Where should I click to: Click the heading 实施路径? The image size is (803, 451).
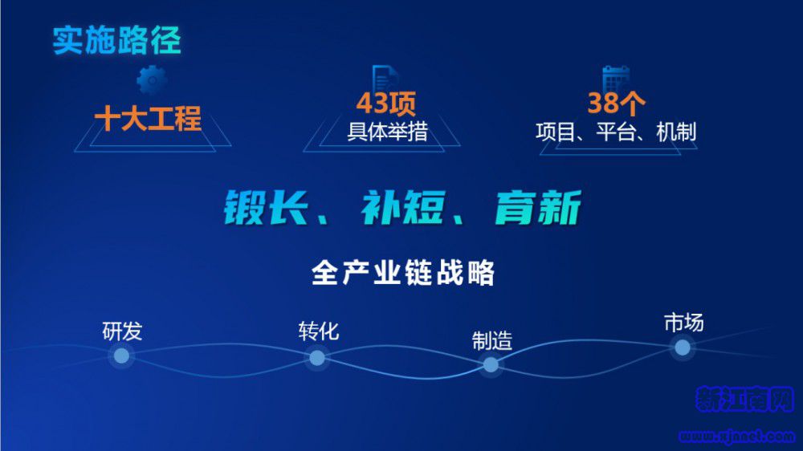(116, 40)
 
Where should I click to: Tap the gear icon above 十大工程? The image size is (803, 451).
(152, 80)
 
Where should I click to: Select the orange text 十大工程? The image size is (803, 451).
(148, 118)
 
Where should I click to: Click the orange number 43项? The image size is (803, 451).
(385, 103)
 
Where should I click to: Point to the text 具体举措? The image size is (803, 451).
(387, 132)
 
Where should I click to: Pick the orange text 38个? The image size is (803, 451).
(616, 103)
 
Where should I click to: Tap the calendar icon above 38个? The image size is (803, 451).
(616, 79)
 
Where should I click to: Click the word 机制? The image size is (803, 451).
(676, 132)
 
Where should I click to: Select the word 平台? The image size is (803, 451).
(616, 132)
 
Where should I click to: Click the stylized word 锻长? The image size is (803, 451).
(267, 207)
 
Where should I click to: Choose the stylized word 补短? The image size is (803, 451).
(402, 207)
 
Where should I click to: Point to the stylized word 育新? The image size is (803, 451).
(538, 207)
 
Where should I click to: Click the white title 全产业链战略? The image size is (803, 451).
(403, 272)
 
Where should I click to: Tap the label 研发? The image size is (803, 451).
(122, 331)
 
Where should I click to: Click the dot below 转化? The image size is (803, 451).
(317, 358)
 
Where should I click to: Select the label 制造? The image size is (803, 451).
(491, 341)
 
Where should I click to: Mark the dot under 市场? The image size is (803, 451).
(682, 347)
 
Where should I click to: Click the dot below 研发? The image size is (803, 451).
(121, 356)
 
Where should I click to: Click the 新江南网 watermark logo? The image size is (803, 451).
(744, 399)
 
